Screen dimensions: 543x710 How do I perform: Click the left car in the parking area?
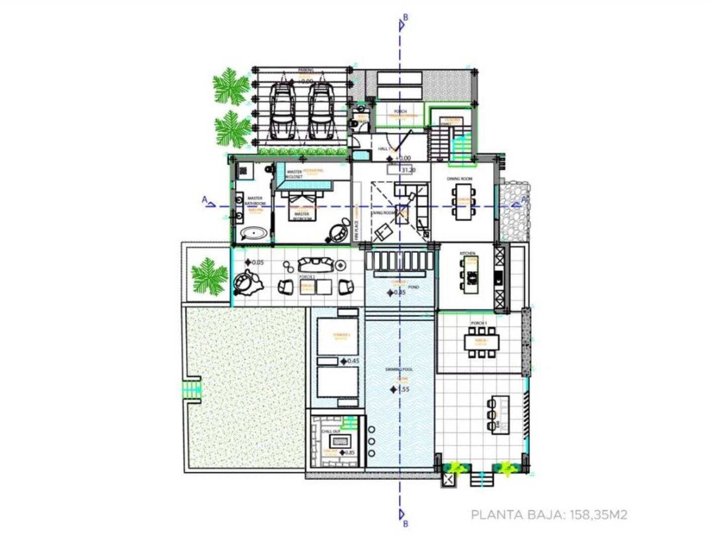(282, 111)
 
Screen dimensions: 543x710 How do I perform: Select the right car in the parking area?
(320, 111)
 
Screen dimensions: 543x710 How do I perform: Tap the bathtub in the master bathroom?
(254, 233)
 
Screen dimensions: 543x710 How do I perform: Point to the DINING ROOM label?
(459, 179)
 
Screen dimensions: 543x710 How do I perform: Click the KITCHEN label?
(467, 253)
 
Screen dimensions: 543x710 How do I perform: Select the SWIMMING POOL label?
(399, 370)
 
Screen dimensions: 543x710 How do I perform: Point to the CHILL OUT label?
(331, 431)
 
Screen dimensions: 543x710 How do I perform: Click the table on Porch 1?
(482, 342)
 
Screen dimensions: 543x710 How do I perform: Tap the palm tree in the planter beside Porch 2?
(209, 275)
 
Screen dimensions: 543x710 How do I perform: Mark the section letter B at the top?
(405, 18)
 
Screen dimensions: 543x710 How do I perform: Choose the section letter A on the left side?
(205, 200)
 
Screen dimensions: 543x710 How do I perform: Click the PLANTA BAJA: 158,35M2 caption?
(549, 515)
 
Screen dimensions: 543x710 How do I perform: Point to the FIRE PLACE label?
(356, 228)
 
